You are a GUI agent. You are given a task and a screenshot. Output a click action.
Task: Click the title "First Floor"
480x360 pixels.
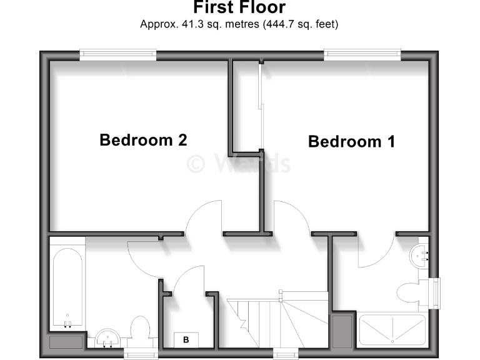pos(239,8)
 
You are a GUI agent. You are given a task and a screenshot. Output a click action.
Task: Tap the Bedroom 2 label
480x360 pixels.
pos(143,140)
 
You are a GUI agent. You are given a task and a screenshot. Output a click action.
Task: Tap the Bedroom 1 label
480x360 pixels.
pos(351,142)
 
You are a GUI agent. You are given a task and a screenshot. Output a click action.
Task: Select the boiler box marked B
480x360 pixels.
pos(186,340)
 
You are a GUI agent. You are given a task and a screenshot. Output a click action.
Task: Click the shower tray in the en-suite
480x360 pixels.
pos(392,329)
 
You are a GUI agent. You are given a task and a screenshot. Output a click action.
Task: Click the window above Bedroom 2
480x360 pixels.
pos(117,55)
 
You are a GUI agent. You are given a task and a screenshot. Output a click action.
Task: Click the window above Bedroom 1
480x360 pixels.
pos(362,55)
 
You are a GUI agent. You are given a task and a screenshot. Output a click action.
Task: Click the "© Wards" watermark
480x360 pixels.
pos(239,164)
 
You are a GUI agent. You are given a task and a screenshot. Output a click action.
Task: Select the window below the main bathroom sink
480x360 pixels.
pos(139,354)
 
